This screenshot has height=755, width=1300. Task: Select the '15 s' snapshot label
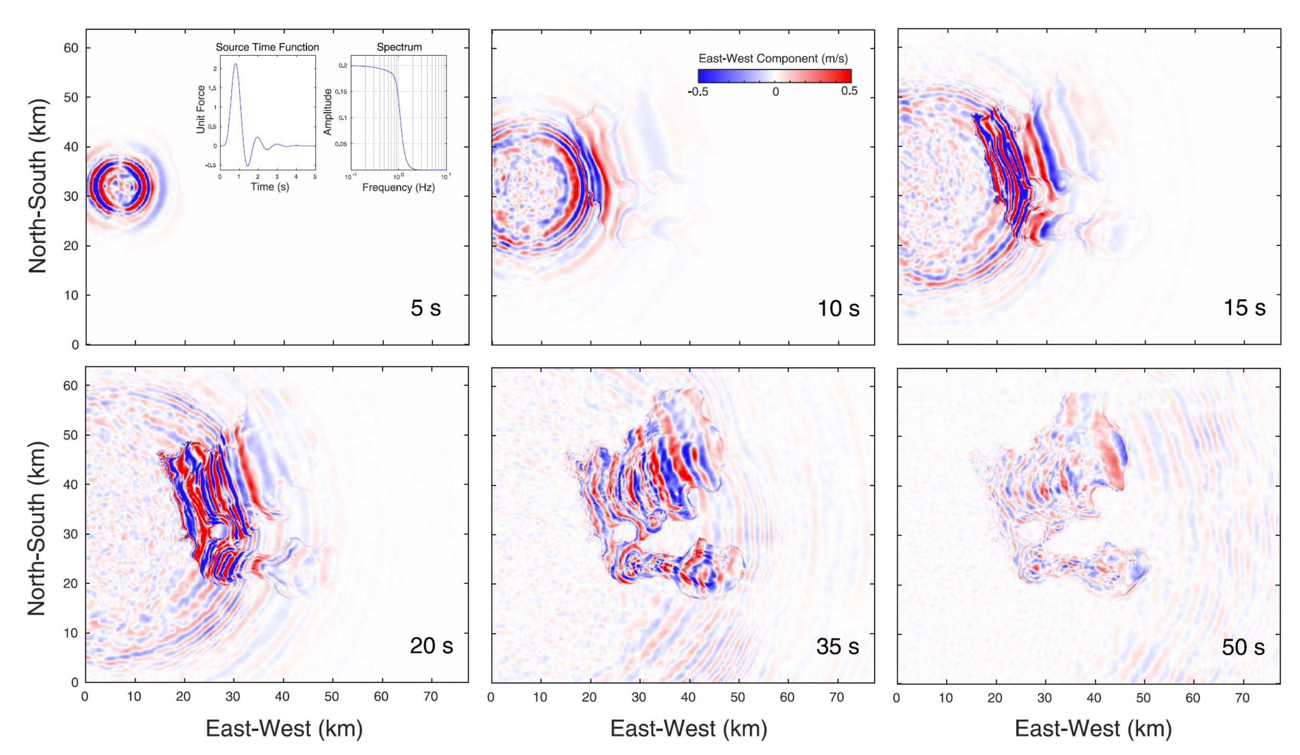(x=1244, y=307)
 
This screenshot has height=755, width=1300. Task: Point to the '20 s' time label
(x=431, y=645)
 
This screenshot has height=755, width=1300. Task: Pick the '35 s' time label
(x=837, y=645)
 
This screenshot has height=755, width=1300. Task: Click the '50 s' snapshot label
(x=1243, y=646)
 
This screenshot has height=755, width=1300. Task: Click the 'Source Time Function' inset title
(x=267, y=48)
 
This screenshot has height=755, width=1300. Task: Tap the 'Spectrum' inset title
(x=399, y=48)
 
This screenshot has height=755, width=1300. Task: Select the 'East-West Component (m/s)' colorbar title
(x=773, y=59)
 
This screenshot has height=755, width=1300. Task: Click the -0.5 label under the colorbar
(x=698, y=92)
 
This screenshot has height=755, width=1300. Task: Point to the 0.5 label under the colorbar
(x=849, y=91)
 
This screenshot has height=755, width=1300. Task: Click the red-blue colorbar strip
(x=774, y=76)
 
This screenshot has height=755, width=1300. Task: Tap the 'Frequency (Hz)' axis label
(x=398, y=188)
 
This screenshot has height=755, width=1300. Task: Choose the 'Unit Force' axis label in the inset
(x=201, y=109)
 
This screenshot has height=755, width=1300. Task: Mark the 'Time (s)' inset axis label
(x=270, y=187)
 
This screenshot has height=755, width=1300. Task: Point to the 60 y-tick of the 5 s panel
(x=71, y=48)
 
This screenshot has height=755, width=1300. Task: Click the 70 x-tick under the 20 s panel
(x=430, y=697)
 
